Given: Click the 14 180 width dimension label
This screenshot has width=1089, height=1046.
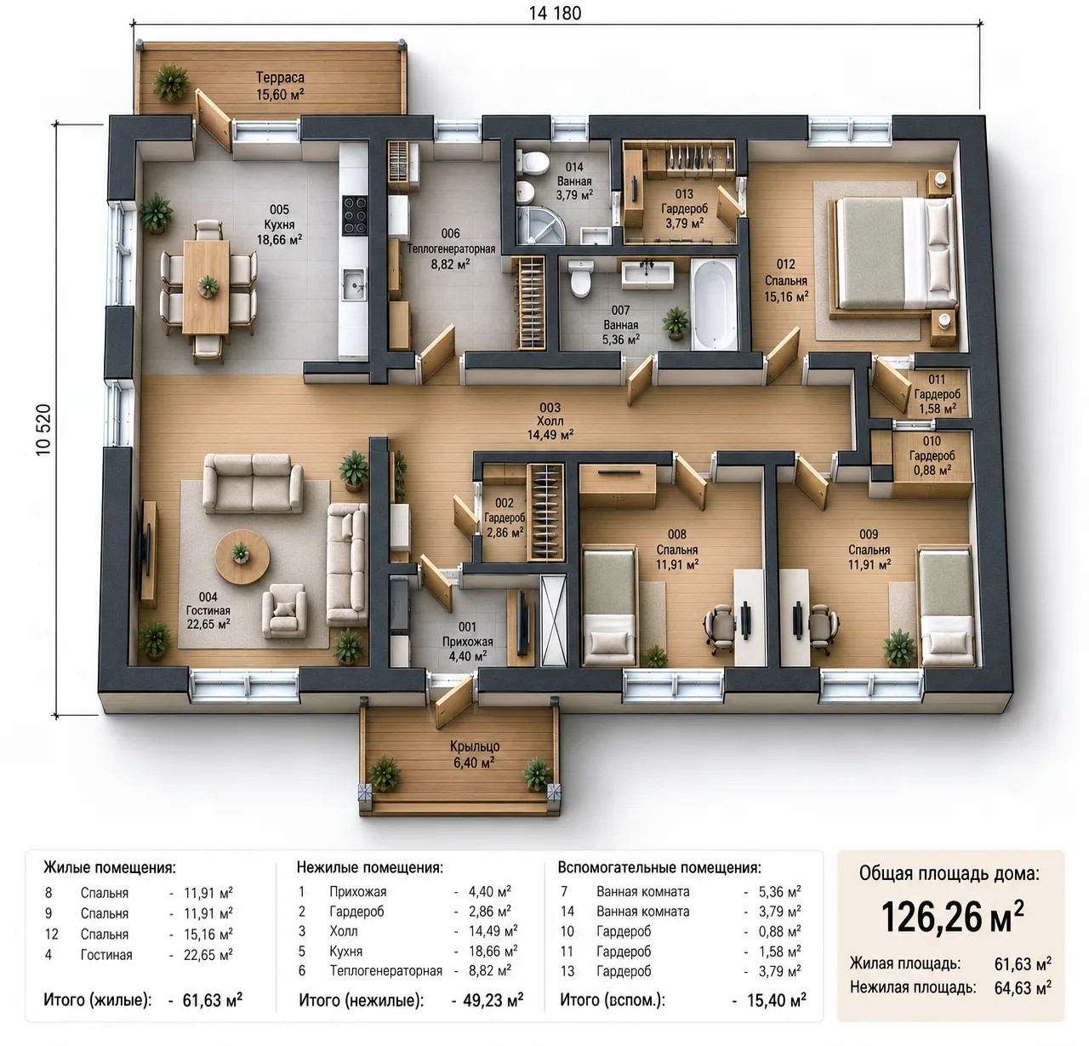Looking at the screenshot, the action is click(x=555, y=13).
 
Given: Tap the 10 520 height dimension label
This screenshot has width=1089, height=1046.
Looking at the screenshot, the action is click(x=43, y=430).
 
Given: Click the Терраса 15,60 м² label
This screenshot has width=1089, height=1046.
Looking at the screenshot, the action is click(x=280, y=86).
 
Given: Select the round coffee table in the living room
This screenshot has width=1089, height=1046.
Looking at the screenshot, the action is click(x=242, y=557).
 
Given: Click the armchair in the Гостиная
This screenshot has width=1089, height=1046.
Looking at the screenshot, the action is click(x=284, y=610).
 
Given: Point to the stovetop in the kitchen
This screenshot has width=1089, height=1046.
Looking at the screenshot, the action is click(x=355, y=214).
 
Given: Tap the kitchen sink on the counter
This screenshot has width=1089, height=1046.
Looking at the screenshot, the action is click(x=354, y=283).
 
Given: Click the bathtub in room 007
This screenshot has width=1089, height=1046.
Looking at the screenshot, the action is click(x=715, y=304).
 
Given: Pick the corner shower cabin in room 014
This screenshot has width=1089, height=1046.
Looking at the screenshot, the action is click(x=540, y=225).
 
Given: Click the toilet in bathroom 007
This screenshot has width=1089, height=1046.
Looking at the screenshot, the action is click(x=580, y=277).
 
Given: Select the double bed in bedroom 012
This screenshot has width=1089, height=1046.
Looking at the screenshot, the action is click(x=893, y=254).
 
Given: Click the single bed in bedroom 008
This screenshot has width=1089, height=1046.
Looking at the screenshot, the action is click(x=609, y=607).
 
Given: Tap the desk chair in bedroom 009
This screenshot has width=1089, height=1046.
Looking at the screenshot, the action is click(x=821, y=627).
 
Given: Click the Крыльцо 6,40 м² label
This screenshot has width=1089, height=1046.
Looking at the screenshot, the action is click(x=475, y=754).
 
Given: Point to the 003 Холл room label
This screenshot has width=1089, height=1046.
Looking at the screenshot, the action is click(x=550, y=420).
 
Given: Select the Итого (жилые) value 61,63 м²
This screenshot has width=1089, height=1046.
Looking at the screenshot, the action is click(x=213, y=999).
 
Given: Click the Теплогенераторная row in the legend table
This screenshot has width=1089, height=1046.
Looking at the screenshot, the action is click(x=405, y=970).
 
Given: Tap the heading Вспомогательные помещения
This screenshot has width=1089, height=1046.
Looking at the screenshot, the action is click(x=659, y=867).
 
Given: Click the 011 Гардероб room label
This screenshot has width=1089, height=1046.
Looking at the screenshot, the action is click(x=937, y=394).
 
